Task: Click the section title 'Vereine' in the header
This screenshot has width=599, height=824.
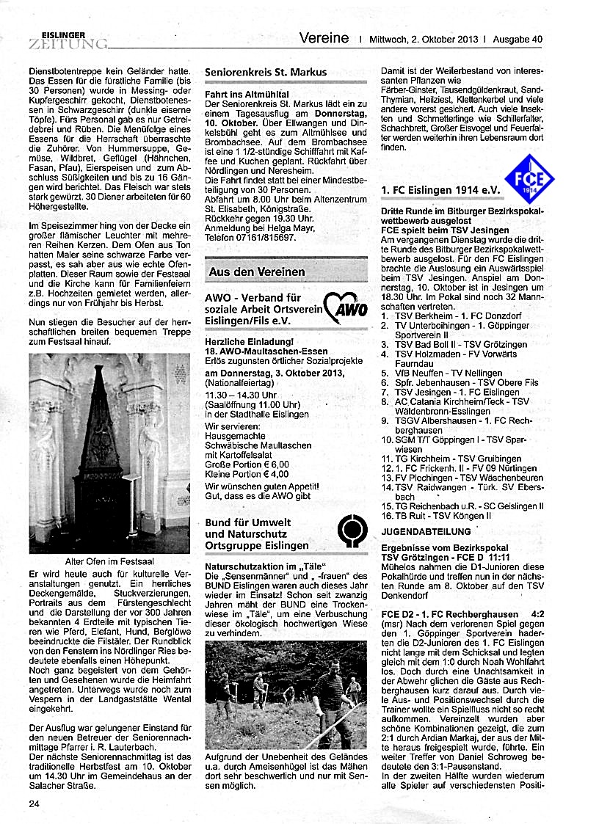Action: click(324, 38)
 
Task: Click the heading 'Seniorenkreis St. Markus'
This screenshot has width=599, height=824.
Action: click(266, 72)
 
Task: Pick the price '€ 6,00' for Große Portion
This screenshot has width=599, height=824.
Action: click(275, 464)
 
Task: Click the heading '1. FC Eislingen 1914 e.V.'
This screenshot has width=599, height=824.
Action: click(440, 189)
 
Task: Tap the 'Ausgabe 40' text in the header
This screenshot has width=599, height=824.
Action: click(518, 39)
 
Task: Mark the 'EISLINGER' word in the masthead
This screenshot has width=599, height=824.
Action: click(64, 34)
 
